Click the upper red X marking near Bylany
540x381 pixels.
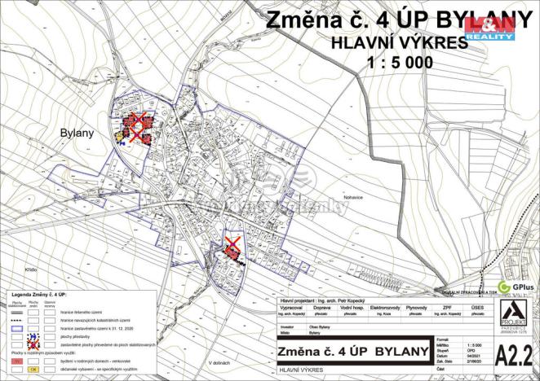pyautogui.click(x=139, y=124)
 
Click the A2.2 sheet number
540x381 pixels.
pyautogui.click(x=516, y=353)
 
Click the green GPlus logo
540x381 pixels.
pyautogui.click(x=514, y=287)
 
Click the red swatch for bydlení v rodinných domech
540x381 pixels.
pyautogui.click(x=15, y=359)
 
